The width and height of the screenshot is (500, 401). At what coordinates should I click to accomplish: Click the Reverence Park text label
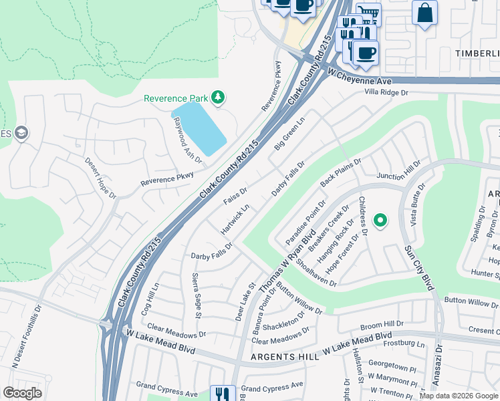[x=176, y=98]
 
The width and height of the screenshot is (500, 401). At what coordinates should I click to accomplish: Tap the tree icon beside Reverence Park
[x=217, y=98]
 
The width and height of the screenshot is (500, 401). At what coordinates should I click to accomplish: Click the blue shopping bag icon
[x=424, y=13]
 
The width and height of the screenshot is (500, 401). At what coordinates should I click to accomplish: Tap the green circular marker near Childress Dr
[x=380, y=220]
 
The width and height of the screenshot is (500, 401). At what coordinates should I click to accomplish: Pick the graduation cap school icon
[x=21, y=133]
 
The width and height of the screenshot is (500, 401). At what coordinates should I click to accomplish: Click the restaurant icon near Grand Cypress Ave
[x=222, y=394]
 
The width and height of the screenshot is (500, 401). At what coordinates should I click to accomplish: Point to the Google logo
[x=23, y=393]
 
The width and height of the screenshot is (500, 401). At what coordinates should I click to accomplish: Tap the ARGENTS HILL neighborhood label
[x=285, y=358]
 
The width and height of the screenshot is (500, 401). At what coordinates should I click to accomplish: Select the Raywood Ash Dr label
[x=187, y=139]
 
